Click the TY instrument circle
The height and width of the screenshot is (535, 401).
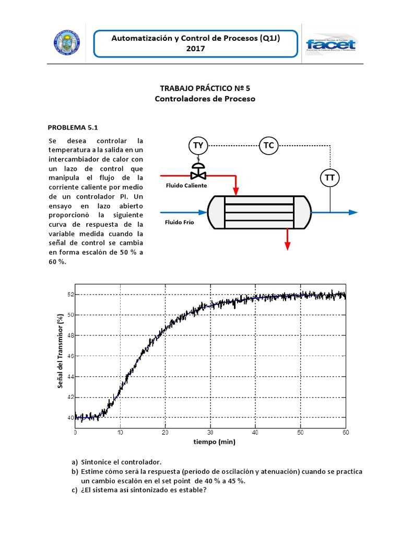click(x=198, y=145)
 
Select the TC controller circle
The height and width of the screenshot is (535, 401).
click(x=268, y=145)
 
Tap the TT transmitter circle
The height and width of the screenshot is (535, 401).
click(x=329, y=178)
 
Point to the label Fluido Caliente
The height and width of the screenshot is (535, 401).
click(x=186, y=185)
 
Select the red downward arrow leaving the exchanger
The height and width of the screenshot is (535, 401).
click(x=286, y=240)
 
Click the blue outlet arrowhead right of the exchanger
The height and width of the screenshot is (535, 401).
click(x=353, y=212)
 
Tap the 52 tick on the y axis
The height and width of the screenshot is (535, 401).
click(x=69, y=294)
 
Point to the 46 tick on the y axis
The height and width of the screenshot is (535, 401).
click(x=69, y=356)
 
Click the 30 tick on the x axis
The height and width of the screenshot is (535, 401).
click(x=210, y=433)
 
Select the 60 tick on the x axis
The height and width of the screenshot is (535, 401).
click(x=345, y=433)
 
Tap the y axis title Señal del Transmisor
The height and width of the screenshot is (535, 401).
click(x=61, y=356)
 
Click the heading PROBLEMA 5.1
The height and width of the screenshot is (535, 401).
click(x=73, y=127)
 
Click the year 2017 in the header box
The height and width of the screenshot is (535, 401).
click(x=196, y=49)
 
